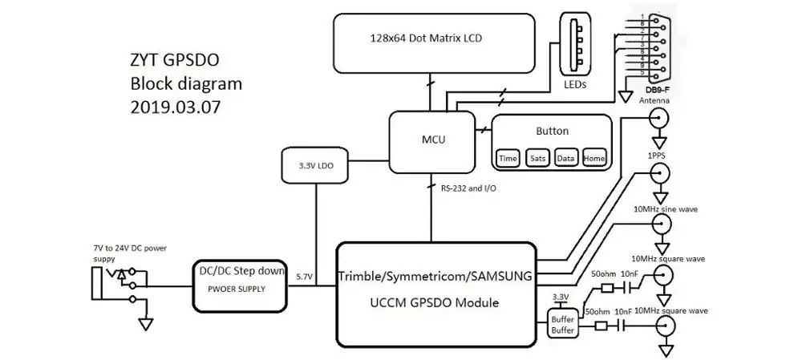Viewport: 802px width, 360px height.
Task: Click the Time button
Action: pos(508,159)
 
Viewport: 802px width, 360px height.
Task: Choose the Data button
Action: pos(565,159)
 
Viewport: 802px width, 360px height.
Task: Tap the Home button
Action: pos(593,159)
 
